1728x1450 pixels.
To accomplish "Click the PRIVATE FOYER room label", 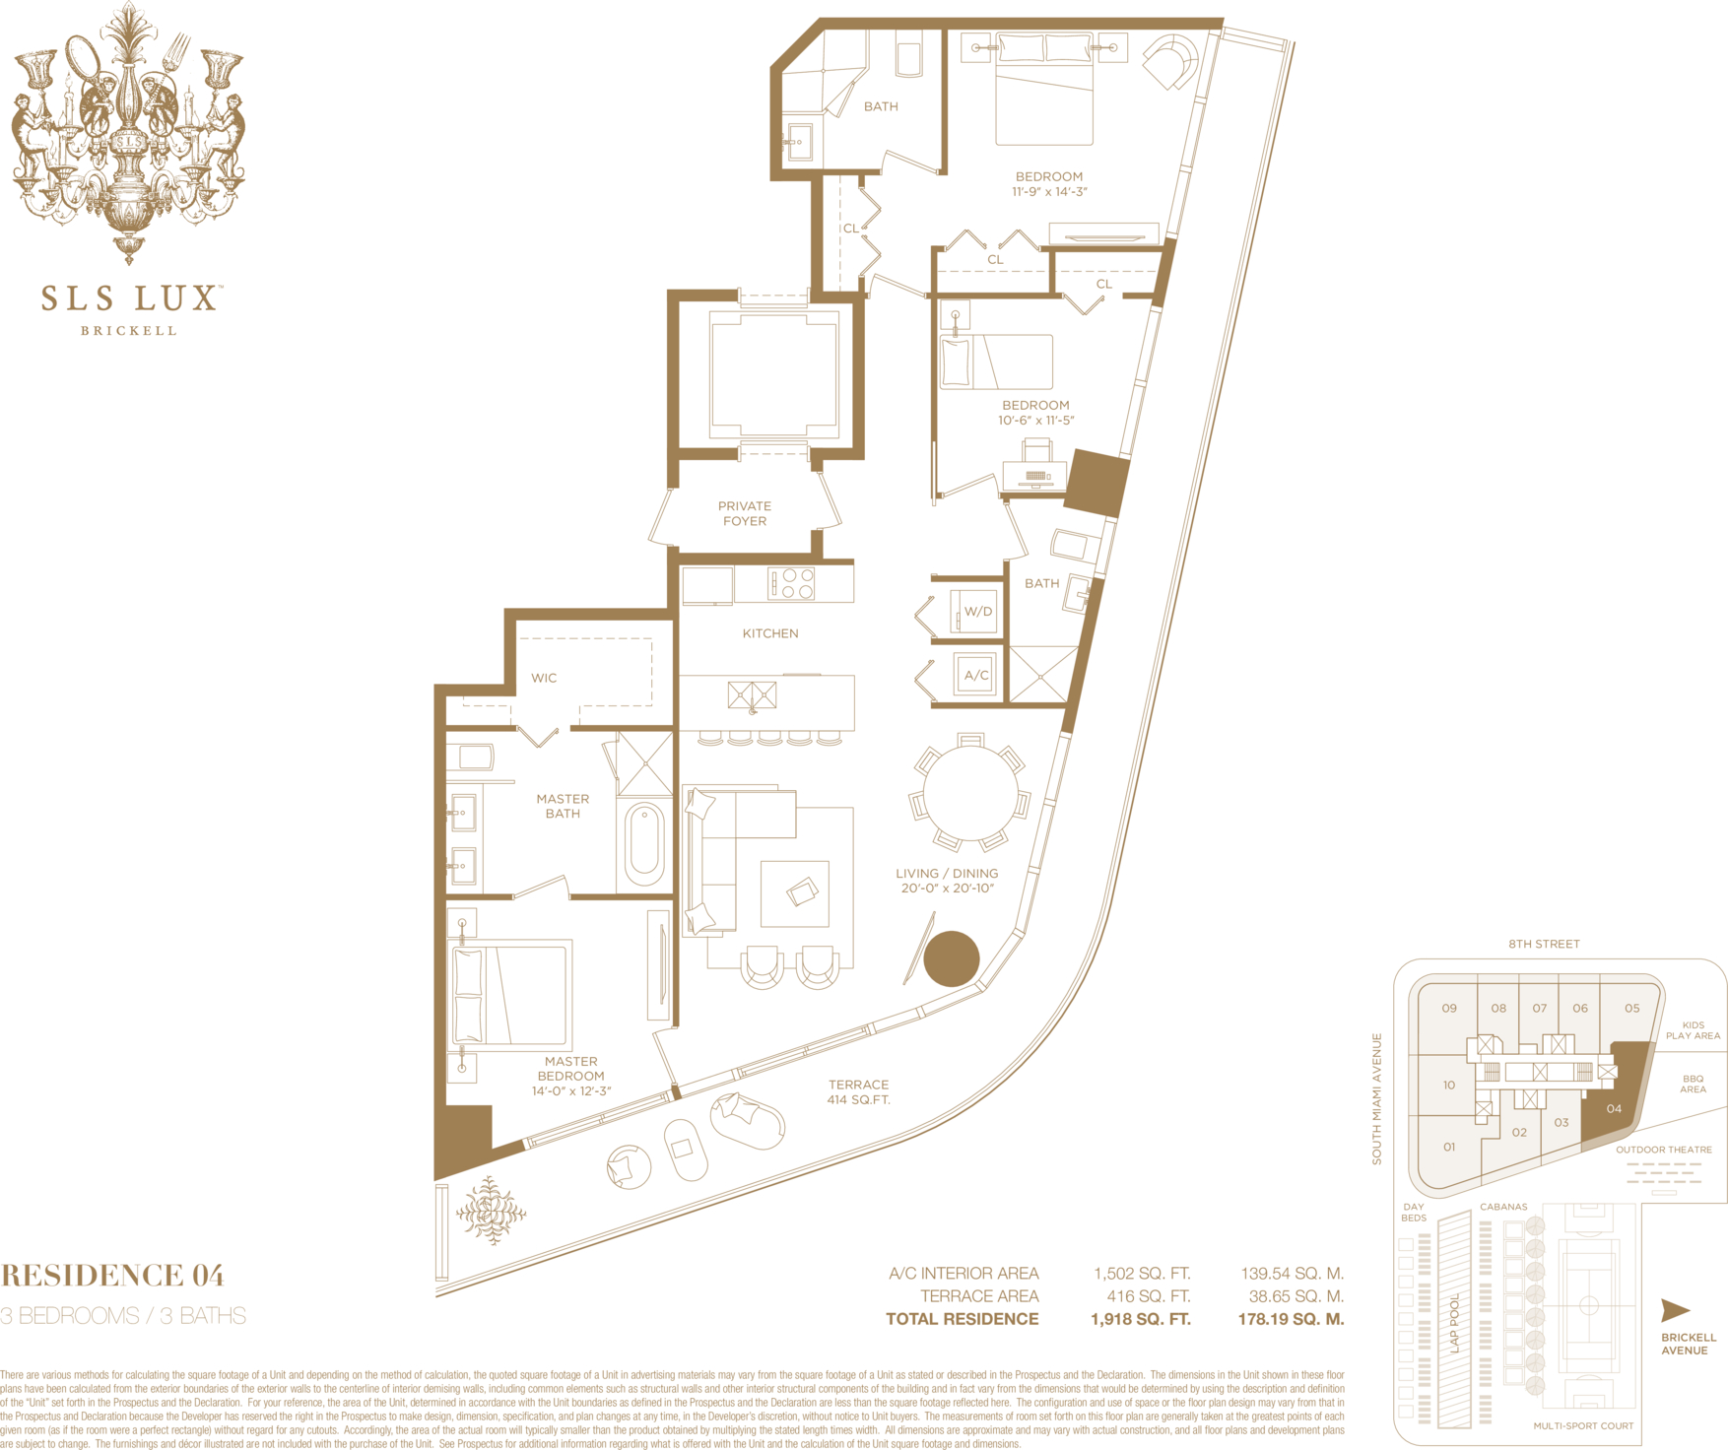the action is pos(745,513).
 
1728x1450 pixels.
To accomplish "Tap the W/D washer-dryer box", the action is pos(974,612).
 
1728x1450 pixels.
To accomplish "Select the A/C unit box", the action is pos(975,676).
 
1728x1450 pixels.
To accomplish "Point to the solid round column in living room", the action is pos(952,958).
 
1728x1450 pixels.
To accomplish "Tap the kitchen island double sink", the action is pos(752,695).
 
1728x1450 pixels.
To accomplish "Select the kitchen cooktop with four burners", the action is pos(793,583).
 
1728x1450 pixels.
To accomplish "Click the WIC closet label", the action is pos(544,678).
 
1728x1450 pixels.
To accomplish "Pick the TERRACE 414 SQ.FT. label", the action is pos(858,1091).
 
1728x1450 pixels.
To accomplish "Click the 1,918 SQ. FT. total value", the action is pos(1141,1319).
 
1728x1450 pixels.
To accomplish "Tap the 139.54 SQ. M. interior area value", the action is pos(1292,1274).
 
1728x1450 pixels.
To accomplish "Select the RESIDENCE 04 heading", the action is pos(112,1276).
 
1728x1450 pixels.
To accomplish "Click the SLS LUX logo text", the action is pos(129,298).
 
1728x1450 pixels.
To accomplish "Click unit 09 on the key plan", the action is pos(1449,1009).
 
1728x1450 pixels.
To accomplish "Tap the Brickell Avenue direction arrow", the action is pos(1675,1310).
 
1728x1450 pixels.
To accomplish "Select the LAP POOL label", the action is pos(1455,1323).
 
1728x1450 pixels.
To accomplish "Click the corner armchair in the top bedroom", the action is pos(1172,61).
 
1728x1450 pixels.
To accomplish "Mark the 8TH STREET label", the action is pos(1544,944).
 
